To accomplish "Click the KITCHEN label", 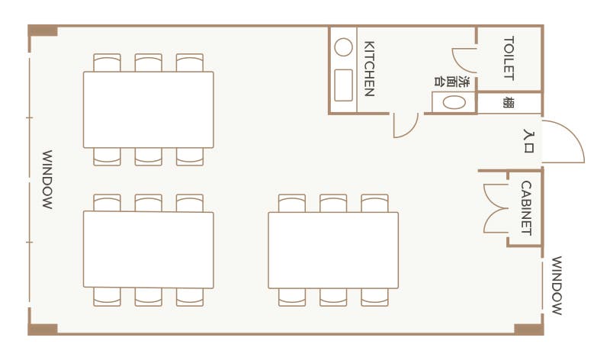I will (x=368, y=68).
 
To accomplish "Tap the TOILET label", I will (x=509, y=58).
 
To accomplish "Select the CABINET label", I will (x=526, y=207).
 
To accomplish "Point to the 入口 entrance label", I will (x=528, y=141).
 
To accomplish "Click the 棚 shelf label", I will (x=508, y=102).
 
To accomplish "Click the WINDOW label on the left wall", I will (x=47, y=180).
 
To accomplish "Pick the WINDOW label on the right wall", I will (x=557, y=285).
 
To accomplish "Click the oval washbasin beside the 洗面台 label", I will (x=454, y=102).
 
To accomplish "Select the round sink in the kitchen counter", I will (x=344, y=48).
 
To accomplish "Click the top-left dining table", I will (x=148, y=109).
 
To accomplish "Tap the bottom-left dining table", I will (x=148, y=249).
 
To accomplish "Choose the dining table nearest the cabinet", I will (x=333, y=249).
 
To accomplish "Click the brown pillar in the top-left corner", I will (x=43, y=31).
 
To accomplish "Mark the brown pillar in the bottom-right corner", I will (x=528, y=329).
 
